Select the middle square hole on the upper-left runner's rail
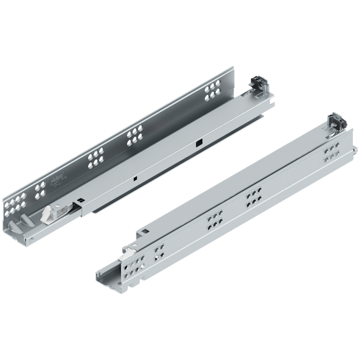tap(137, 178)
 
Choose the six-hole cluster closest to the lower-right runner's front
tap(212, 223)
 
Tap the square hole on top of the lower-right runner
tap(142, 233)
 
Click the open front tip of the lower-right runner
tap(103, 277)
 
